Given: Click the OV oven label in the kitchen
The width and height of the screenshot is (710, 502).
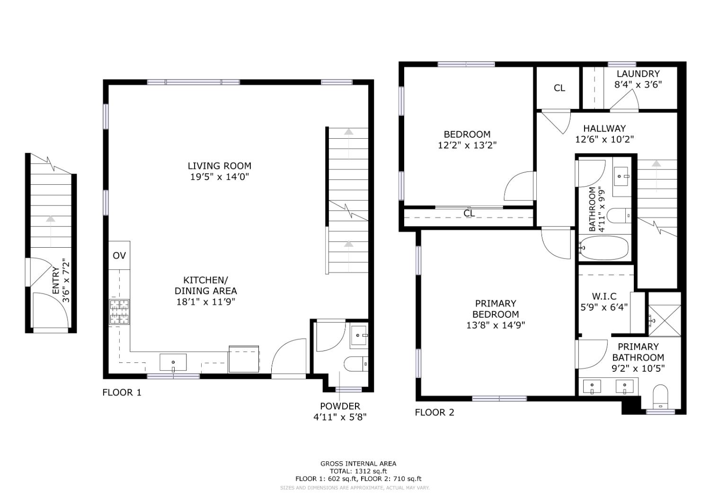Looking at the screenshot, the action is coord(119,255).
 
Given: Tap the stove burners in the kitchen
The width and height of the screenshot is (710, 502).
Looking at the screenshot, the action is coord(119,312).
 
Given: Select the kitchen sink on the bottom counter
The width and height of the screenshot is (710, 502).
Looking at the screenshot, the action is coord(173,362).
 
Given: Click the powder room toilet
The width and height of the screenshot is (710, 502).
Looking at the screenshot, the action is coord(356,364).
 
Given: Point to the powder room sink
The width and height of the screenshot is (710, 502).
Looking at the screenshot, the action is coord(359,335).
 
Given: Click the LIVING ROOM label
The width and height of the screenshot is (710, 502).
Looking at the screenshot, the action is coord(219,166).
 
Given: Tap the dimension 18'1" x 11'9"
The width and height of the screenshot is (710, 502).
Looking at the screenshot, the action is coord(206,302).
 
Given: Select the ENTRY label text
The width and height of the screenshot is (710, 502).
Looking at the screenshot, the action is coord(56,281).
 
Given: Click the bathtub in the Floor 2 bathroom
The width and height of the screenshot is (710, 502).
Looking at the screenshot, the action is coord(603,248).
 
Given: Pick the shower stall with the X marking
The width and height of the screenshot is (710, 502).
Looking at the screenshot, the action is coord(665,321).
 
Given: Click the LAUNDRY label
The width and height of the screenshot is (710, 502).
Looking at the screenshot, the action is coord(638,74).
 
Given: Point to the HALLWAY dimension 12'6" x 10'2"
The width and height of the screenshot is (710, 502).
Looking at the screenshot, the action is coord(604,139).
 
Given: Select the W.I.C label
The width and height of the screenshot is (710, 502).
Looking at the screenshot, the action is coord(604,296).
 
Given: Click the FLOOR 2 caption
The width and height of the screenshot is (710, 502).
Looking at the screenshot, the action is coord(435,412).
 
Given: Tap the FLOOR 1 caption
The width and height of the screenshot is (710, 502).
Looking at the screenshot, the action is coord(122,392).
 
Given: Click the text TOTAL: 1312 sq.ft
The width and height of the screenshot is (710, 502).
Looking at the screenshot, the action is coord(358,471).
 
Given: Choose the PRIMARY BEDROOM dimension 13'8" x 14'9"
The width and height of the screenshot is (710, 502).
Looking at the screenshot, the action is coord(496,325).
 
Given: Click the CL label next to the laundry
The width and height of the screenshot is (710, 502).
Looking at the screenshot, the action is coord(559,88).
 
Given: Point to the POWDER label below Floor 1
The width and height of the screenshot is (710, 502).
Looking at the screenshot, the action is coord(340,406).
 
